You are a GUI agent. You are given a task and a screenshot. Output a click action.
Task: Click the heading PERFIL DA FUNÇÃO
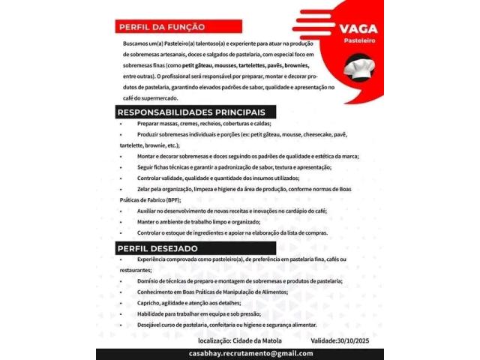pos(161,27)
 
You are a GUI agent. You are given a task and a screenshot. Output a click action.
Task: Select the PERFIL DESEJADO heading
pos(157,248)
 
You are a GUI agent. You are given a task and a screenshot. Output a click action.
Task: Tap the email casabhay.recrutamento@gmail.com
pos(250,353)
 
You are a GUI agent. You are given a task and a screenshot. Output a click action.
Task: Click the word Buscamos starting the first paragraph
pos(136,44)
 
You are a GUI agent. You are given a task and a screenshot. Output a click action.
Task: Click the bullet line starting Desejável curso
pos(226,325)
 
